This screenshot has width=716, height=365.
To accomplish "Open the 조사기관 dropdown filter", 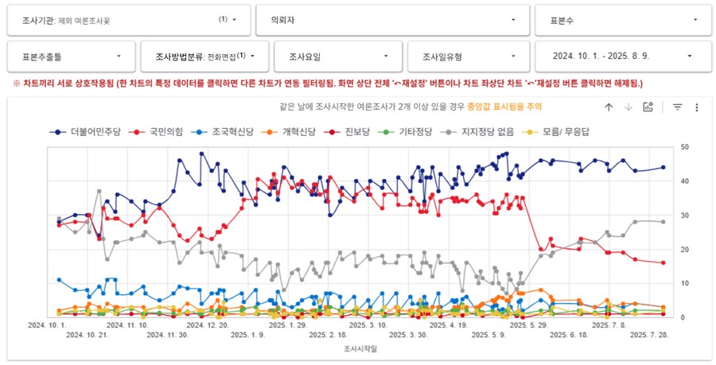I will (x=127, y=20).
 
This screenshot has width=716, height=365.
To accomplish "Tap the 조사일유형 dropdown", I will (x=470, y=56).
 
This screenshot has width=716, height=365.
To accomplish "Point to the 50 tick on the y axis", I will (x=685, y=147).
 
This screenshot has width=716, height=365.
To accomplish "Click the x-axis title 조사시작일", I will (x=360, y=348).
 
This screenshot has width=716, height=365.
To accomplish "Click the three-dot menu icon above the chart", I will (x=696, y=107).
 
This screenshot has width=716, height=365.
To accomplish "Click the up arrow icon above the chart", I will (x=609, y=107).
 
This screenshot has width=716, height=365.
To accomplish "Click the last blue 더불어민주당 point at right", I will (x=663, y=167).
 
